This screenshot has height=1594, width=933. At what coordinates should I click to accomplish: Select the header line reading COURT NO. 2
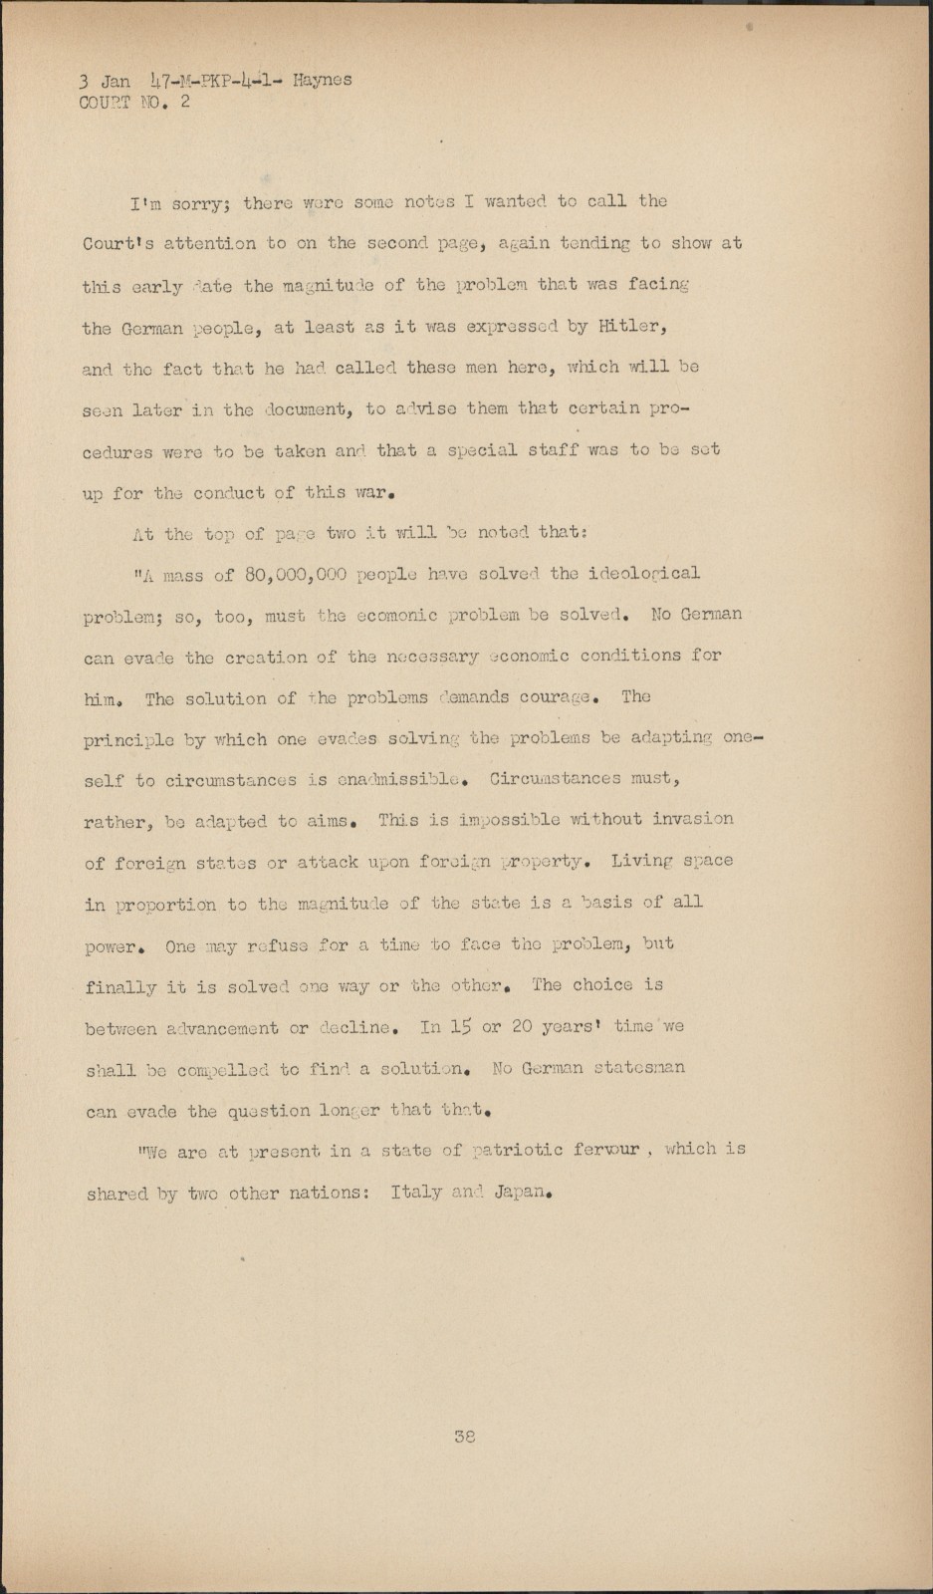(134, 102)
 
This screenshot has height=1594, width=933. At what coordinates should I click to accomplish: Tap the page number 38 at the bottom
(464, 1437)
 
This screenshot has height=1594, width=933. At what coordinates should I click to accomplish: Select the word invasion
(693, 819)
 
